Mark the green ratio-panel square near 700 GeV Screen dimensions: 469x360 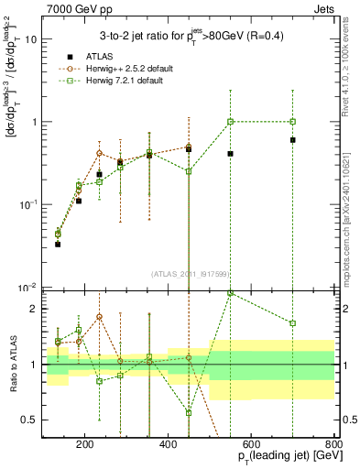click(x=293, y=323)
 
